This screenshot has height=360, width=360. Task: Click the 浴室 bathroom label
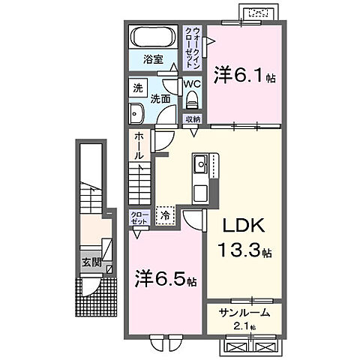(154, 58)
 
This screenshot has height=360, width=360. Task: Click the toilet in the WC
(192, 100)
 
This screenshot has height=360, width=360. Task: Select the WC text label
(191, 84)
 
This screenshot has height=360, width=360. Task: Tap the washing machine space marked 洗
(137, 88)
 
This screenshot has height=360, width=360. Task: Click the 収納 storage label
(193, 118)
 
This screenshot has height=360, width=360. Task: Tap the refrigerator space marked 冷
(164, 216)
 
